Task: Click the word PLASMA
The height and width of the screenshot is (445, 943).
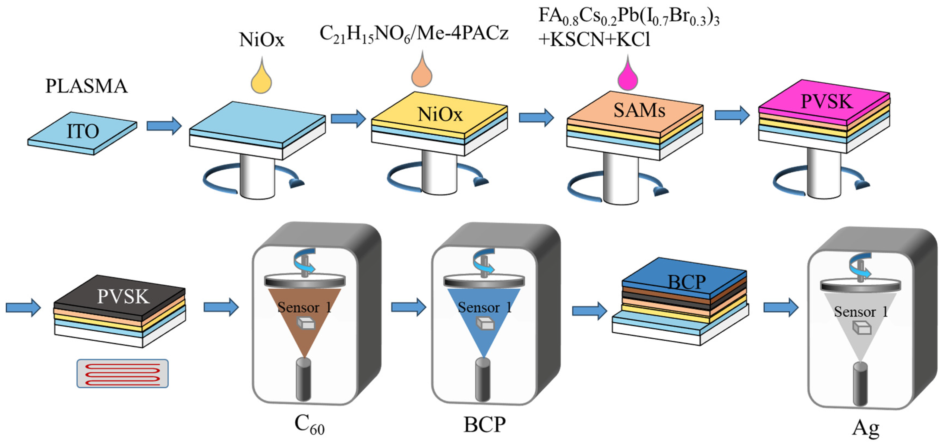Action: pyautogui.click(x=86, y=86)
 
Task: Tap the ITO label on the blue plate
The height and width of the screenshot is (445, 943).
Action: pyautogui.click(x=83, y=131)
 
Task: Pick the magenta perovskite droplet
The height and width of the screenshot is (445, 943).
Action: pyautogui.click(x=627, y=78)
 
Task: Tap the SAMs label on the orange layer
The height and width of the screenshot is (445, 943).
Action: pyautogui.click(x=639, y=110)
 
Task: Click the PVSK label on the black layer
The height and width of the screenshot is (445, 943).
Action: pyautogui.click(x=123, y=296)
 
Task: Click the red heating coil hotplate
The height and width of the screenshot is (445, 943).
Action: pyautogui.click(x=122, y=373)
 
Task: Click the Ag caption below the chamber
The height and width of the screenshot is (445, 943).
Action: pyautogui.click(x=865, y=427)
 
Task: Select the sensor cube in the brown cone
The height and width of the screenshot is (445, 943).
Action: pyautogui.click(x=306, y=323)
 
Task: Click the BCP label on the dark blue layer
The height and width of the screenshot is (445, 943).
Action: pyautogui.click(x=686, y=282)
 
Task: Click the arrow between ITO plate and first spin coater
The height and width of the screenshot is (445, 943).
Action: pyautogui.click(x=164, y=126)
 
